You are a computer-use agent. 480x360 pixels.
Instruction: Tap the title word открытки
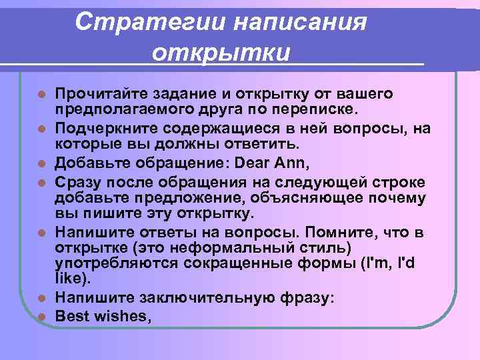(221, 52)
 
